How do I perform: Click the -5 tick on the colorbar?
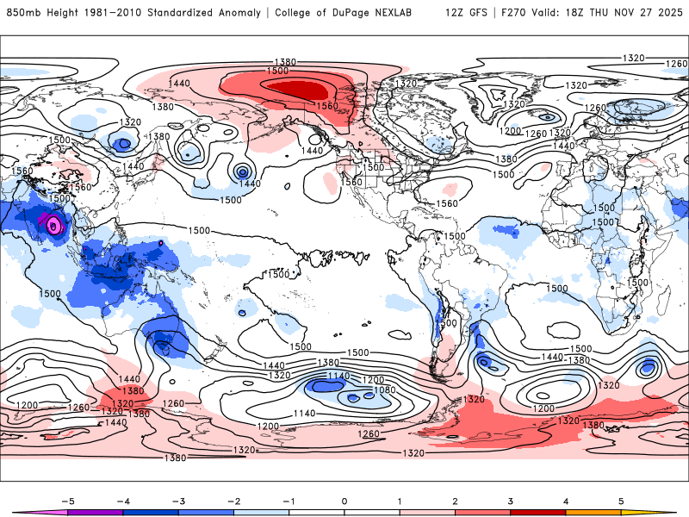click(x=67, y=501)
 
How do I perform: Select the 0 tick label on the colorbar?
click(x=344, y=501)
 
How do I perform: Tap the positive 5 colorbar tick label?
click(x=621, y=501)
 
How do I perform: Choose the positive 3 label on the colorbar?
click(x=511, y=501)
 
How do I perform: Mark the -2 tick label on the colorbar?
click(x=233, y=501)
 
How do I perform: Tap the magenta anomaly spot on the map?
click(x=54, y=226)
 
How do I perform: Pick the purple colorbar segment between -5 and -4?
click(x=95, y=513)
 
